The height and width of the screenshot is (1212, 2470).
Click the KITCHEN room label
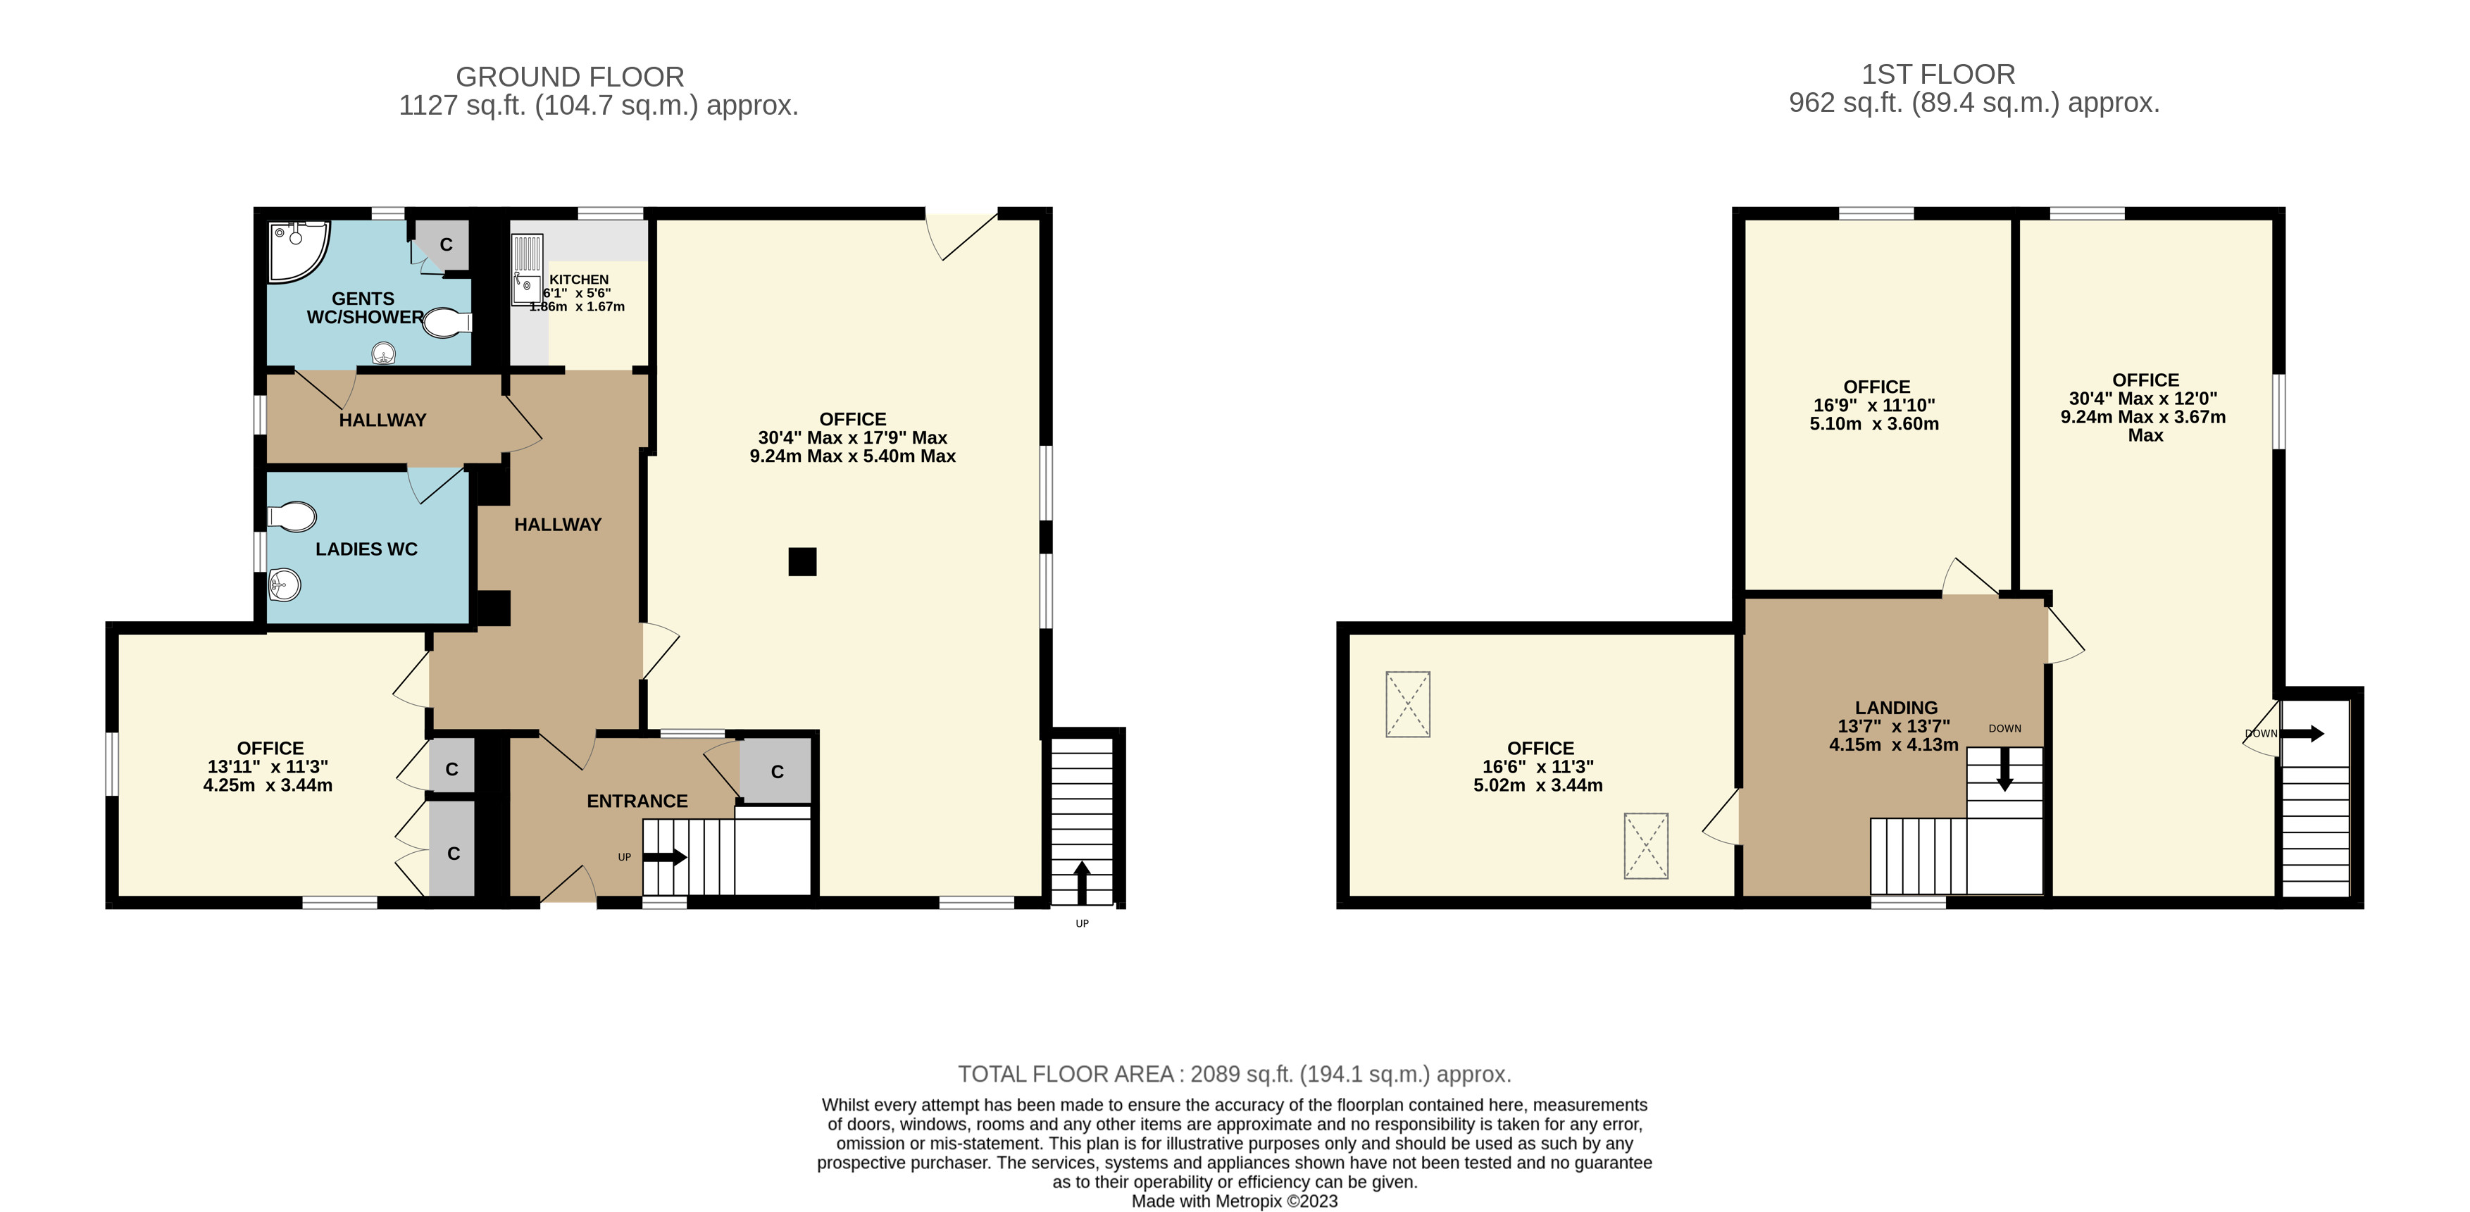579,279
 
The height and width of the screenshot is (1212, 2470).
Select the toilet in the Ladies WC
292,518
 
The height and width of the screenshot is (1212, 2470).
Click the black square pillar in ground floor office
803,561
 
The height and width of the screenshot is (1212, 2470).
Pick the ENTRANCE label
637,801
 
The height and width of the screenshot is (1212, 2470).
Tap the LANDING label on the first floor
1896,708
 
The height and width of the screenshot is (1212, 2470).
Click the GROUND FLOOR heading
570,77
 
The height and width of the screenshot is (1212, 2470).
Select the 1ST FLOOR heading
1938,75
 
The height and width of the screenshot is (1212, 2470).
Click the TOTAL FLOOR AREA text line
1234,1074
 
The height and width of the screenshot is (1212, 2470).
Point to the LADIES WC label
366,549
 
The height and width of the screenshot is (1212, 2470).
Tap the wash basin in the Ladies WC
285,584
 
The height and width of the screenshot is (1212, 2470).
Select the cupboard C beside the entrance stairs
777,771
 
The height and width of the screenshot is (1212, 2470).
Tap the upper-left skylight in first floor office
1408,704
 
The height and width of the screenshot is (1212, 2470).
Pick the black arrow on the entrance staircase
664,856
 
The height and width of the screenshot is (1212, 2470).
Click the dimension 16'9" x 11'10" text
1873,406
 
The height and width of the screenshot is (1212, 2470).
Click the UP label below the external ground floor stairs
1082,923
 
